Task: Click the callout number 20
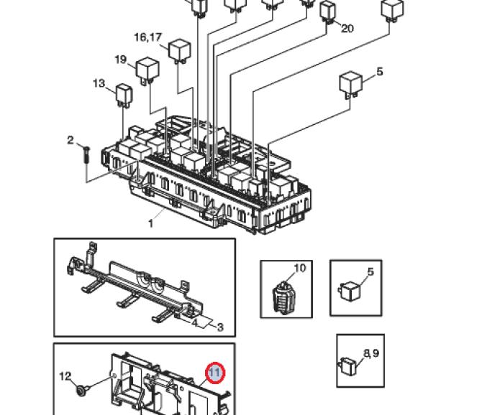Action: [347, 28]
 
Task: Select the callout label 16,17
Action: [148, 37]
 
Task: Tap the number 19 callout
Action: [121, 59]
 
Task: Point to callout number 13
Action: [99, 83]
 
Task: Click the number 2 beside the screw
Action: [71, 140]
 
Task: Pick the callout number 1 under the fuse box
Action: [150, 223]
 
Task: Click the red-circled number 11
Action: [215, 373]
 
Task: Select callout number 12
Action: [65, 376]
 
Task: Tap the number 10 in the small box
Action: [300, 268]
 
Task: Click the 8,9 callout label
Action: [371, 353]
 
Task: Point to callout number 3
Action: [220, 327]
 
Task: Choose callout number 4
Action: [194, 322]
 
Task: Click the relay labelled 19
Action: [147, 72]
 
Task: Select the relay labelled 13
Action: [124, 95]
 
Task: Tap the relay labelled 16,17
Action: [180, 51]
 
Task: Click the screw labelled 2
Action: [86, 156]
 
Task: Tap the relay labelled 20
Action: [327, 11]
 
